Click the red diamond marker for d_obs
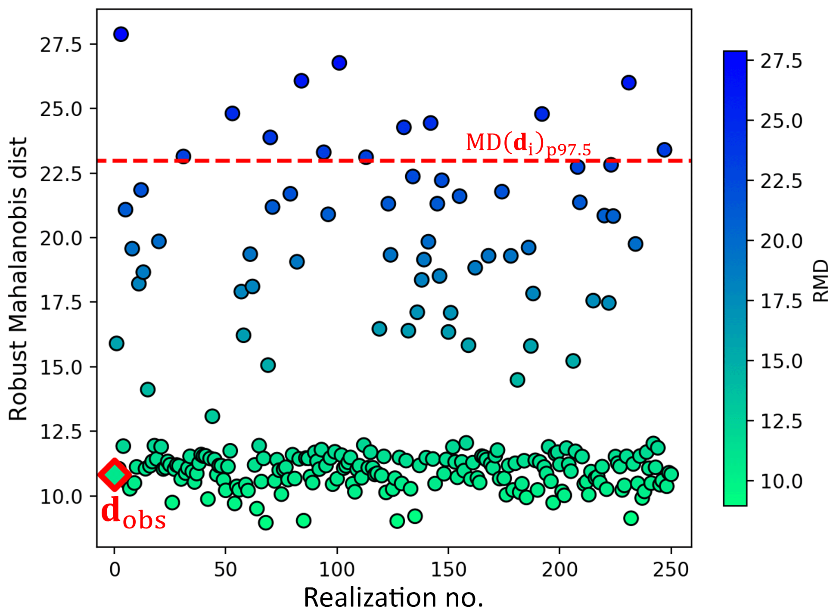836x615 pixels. click(x=115, y=475)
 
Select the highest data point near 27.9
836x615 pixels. click(x=121, y=34)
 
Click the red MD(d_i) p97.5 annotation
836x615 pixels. click(x=528, y=143)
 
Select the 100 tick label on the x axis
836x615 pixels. click(x=337, y=570)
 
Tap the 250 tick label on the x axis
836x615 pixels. click(x=671, y=570)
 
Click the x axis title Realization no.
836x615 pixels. click(x=393, y=597)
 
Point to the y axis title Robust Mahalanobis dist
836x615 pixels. click(x=18, y=279)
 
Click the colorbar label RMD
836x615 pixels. click(x=820, y=280)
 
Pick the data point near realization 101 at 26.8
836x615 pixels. click(x=339, y=63)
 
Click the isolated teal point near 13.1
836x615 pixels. click(x=212, y=416)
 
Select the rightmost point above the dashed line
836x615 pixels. click(x=664, y=150)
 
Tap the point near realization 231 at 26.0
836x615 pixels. click(x=629, y=82)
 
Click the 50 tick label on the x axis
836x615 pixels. click(x=226, y=570)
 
